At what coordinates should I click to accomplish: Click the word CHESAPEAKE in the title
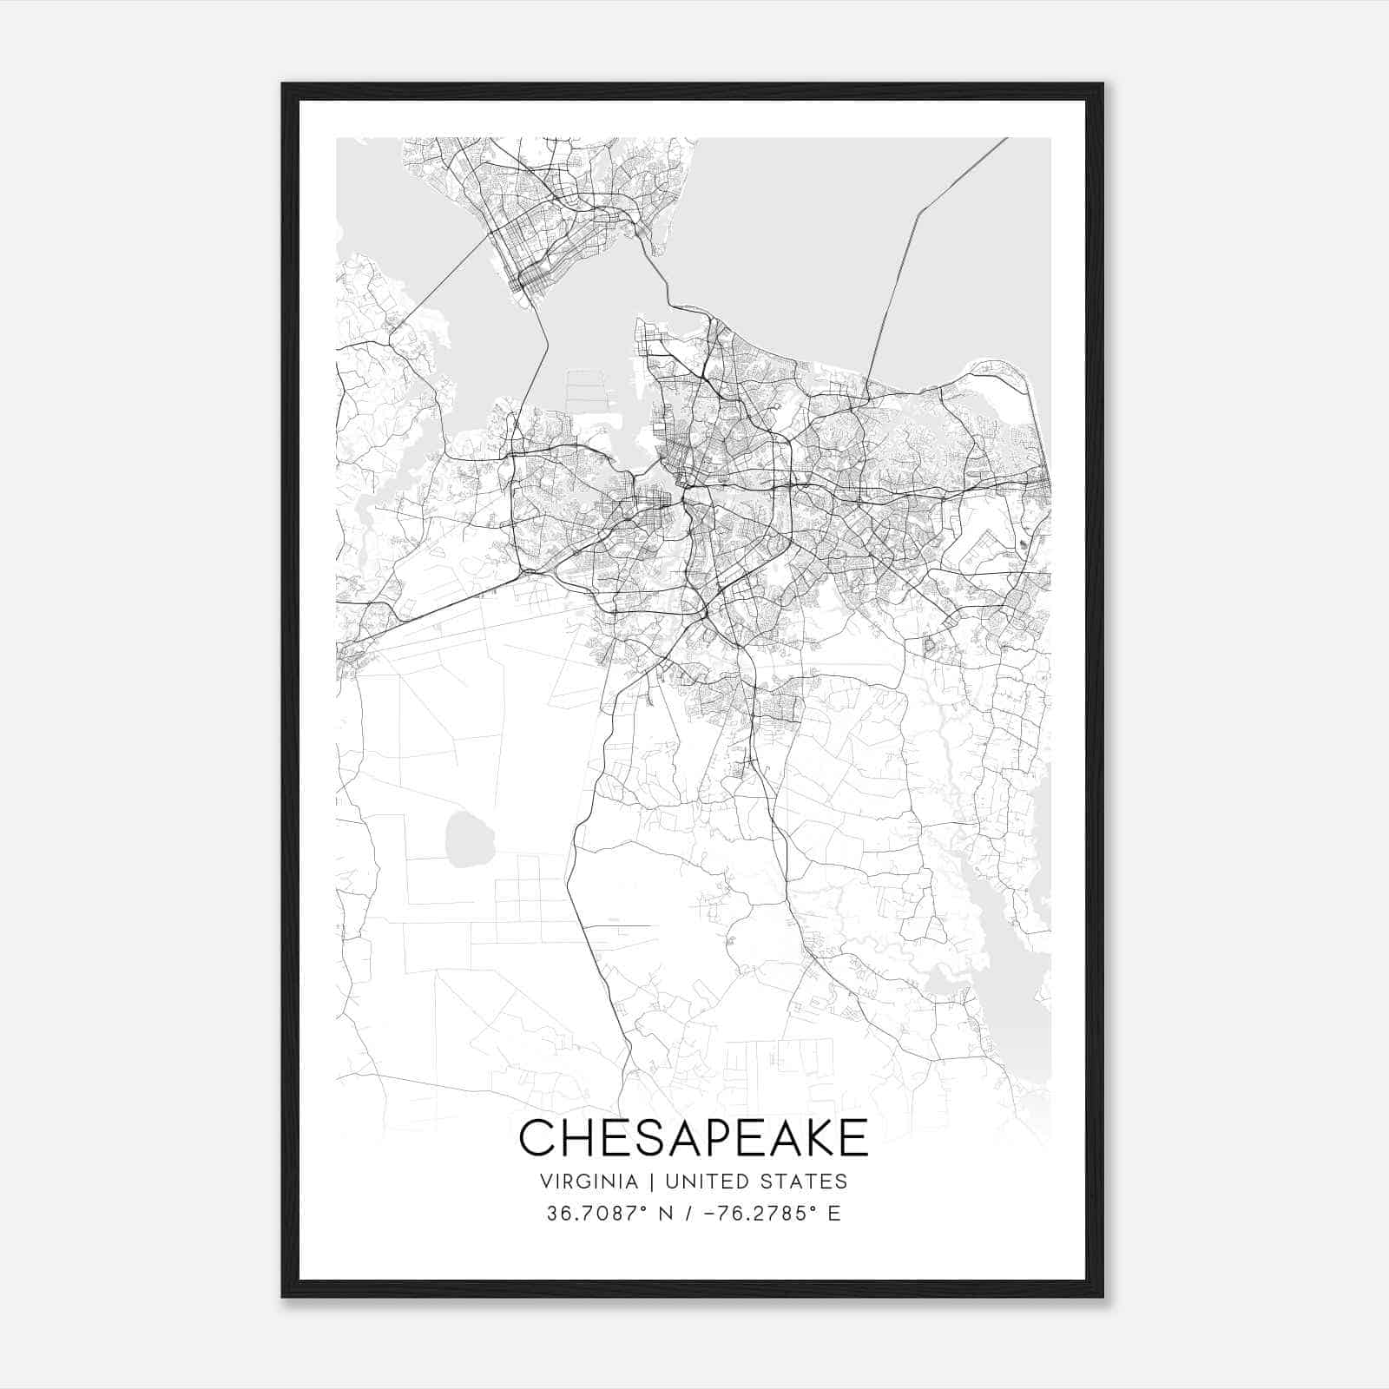693,1137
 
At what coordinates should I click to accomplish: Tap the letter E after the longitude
834,1214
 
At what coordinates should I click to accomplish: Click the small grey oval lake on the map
470,834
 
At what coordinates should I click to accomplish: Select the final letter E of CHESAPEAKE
853,1137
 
